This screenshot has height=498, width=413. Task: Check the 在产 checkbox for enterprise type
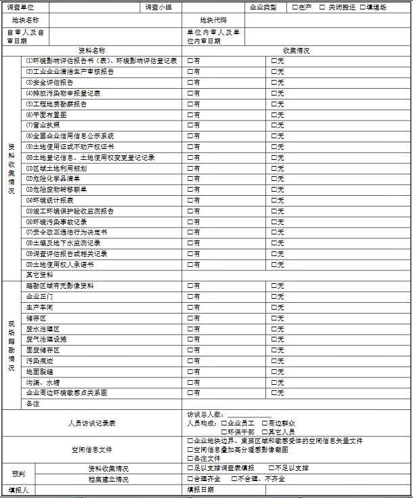(x=295, y=7)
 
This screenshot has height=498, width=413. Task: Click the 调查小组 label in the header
(x=158, y=7)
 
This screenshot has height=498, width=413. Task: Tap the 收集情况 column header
(x=297, y=50)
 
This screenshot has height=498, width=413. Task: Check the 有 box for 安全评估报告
(x=190, y=83)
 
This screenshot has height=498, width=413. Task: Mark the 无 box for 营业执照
(x=274, y=125)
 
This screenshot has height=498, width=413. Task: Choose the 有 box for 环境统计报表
(x=190, y=201)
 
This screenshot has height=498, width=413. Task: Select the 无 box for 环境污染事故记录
(x=274, y=222)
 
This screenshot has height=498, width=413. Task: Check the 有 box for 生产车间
(x=190, y=308)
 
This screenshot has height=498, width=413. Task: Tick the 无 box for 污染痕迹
(x=274, y=361)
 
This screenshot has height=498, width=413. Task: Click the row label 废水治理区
(x=43, y=329)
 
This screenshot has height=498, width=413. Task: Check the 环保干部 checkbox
(x=224, y=432)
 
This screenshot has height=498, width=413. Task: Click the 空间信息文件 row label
(x=92, y=449)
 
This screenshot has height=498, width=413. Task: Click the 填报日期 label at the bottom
(x=200, y=489)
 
